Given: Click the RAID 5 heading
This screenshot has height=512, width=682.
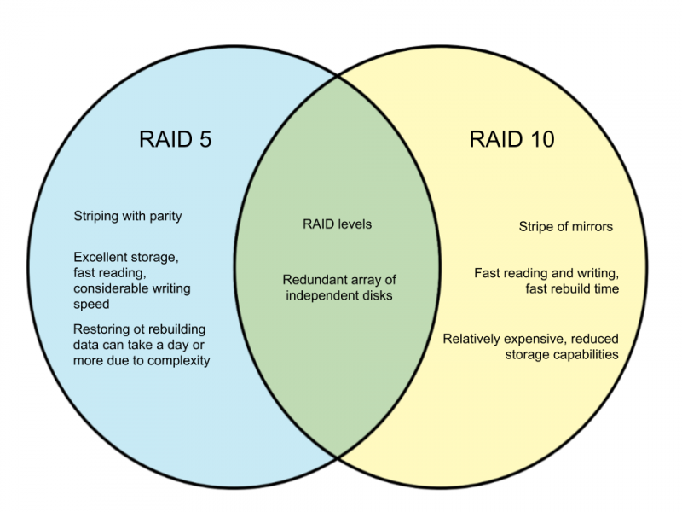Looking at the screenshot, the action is (x=176, y=139).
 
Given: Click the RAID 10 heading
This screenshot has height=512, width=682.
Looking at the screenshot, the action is (x=512, y=139).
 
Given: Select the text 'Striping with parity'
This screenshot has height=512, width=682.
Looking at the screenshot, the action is (x=127, y=217).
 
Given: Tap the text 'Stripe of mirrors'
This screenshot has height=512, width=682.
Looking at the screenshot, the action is (x=565, y=226).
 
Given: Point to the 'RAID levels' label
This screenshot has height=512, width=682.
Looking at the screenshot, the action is (x=337, y=224).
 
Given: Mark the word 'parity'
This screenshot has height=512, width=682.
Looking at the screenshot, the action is (x=165, y=217).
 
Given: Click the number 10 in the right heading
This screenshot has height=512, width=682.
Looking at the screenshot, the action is (x=541, y=139).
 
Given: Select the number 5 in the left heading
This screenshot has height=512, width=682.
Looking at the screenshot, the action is (x=205, y=139).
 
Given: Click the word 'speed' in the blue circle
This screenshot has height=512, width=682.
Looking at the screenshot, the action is (x=91, y=305).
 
